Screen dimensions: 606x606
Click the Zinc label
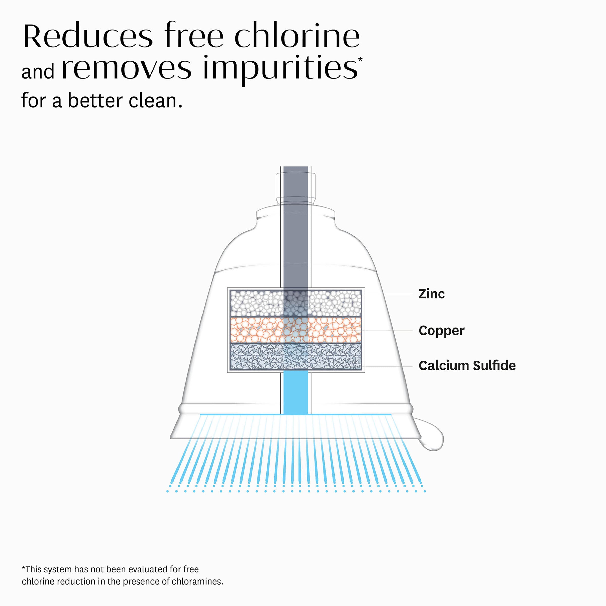tap(431, 294)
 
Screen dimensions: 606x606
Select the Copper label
tap(441, 331)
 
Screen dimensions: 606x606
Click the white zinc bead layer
tap(254, 303)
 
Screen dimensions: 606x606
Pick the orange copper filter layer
tap(254, 330)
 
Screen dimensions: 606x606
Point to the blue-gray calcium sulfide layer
tap(254, 357)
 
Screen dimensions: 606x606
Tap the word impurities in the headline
tap(280, 68)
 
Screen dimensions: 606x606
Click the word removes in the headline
tap(127, 68)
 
